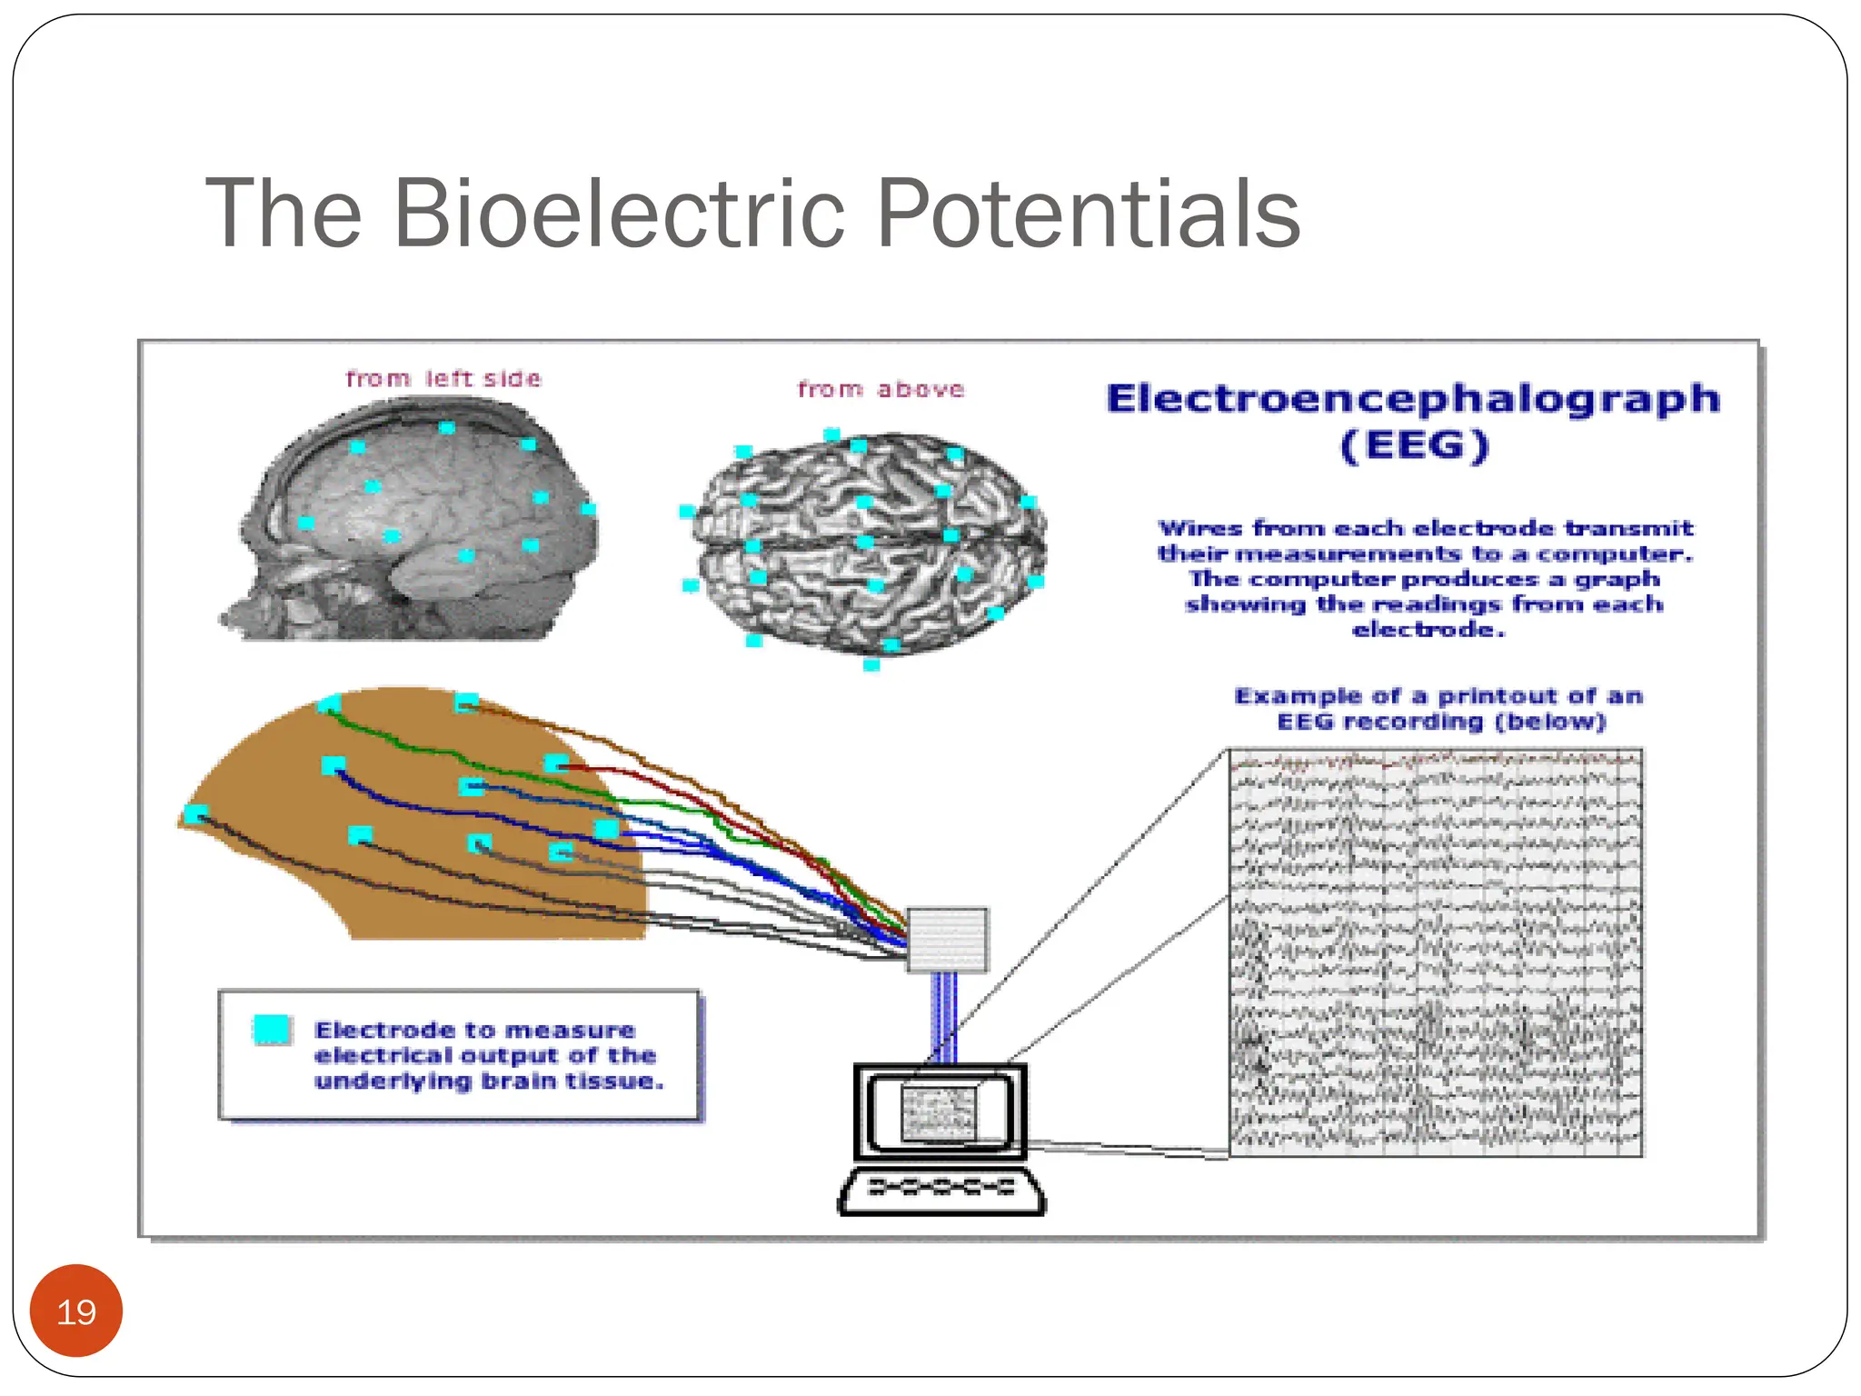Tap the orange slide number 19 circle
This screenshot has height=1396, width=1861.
pyautogui.click(x=76, y=1311)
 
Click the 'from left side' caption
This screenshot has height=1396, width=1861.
pyautogui.click(x=443, y=379)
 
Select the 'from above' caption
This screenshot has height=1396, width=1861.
pyautogui.click(x=881, y=390)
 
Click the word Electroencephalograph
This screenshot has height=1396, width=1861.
pyautogui.click(x=1413, y=400)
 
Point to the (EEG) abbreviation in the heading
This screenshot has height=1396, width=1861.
pyautogui.click(x=1415, y=446)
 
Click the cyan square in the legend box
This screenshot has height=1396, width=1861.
pyautogui.click(x=272, y=1030)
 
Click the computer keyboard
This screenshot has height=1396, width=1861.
pyautogui.click(x=941, y=1190)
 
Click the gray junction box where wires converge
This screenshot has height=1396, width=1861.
pyautogui.click(x=947, y=940)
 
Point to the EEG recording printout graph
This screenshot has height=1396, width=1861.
pyautogui.click(x=1436, y=952)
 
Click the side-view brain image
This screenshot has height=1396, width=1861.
pyautogui.click(x=413, y=523)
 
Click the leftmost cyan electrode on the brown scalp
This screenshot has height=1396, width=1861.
pyautogui.click(x=195, y=813)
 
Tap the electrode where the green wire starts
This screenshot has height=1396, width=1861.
pyautogui.click(x=330, y=703)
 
